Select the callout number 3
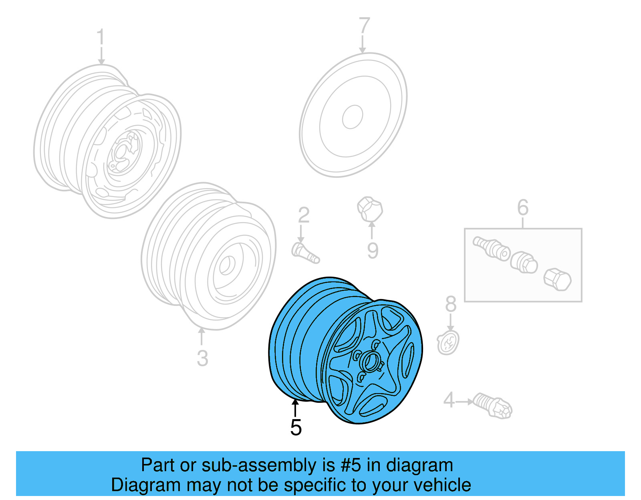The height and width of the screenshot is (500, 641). click(202, 358)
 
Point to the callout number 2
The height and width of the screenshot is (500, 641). click(304, 215)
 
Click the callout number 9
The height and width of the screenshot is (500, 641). click(373, 251)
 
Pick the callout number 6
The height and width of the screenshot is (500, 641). click(523, 207)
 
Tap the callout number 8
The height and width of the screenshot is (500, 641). click(451, 304)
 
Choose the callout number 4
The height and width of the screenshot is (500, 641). click(449, 400)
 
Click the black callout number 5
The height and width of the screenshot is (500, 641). click(296, 428)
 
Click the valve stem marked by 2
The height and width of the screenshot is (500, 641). click(305, 253)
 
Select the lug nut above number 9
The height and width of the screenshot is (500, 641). click(370, 209)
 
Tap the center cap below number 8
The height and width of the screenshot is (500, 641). click(448, 343)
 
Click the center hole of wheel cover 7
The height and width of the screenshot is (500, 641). click(353, 117)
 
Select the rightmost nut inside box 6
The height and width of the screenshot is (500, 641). click(557, 279)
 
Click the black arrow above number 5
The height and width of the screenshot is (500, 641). click(295, 408)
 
